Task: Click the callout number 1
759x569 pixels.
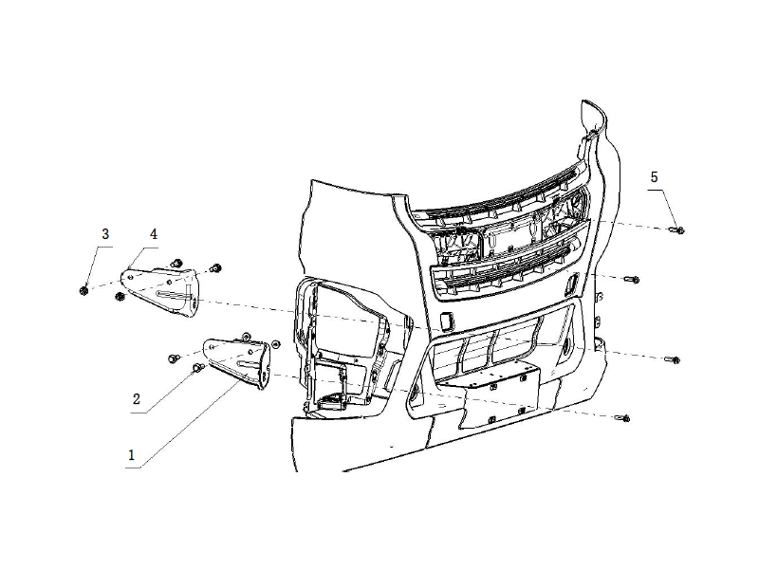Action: click(x=132, y=454)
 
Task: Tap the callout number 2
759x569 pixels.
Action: click(x=137, y=400)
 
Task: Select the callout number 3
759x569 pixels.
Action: click(x=105, y=233)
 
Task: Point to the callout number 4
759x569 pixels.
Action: click(x=153, y=233)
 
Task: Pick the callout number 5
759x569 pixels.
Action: click(x=654, y=176)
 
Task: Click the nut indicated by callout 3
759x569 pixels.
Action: click(x=84, y=289)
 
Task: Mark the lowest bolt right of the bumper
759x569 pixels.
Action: click(x=622, y=418)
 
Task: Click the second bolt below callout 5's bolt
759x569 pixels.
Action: click(x=672, y=358)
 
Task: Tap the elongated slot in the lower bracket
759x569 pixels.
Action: click(x=250, y=361)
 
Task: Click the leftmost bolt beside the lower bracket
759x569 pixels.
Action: click(x=175, y=358)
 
